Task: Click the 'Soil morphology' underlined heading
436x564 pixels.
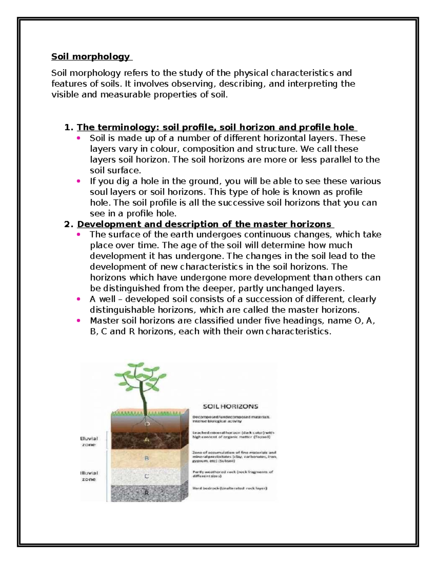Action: click(90, 57)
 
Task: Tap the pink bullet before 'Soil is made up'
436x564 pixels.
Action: click(78, 138)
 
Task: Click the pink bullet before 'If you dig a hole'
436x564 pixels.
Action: click(78, 181)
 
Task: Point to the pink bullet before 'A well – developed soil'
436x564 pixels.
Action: click(78, 299)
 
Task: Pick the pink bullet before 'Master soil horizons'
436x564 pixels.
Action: click(78, 321)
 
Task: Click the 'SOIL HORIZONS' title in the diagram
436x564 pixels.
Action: click(230, 406)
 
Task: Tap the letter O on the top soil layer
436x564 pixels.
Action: click(147, 423)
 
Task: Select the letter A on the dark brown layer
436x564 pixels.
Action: click(147, 440)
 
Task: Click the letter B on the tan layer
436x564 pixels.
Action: click(147, 459)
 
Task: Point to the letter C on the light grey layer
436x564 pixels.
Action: click(147, 476)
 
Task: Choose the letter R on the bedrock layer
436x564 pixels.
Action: click(147, 493)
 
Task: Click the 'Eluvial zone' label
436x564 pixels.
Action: click(89, 441)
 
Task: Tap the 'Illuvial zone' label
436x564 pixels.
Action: click(89, 476)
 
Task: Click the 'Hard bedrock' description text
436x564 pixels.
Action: click(230, 488)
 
